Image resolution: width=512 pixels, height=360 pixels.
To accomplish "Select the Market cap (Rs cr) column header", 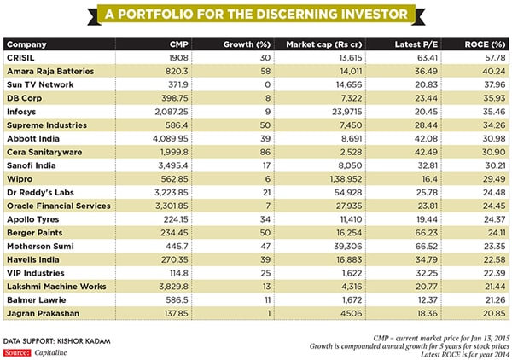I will click(323, 44).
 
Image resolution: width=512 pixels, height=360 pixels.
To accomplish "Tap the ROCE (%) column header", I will click(483, 44).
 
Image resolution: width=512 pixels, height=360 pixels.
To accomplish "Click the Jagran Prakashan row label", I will click(42, 312).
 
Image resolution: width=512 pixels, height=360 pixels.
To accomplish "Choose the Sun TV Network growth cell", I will click(256, 84).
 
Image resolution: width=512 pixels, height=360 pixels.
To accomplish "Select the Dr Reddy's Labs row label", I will click(42, 193).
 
